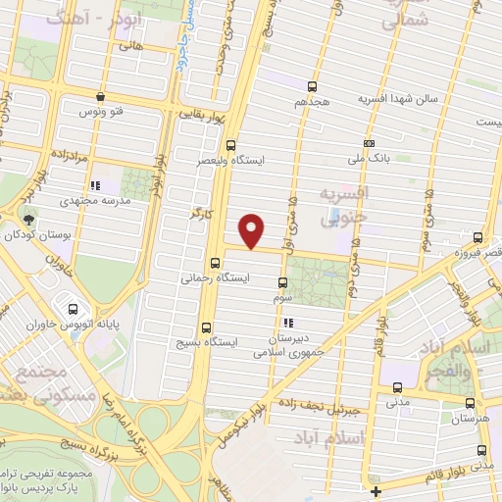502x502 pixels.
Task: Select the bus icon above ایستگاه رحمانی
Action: tap(215, 262)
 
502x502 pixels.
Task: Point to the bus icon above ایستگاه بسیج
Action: tap(206, 327)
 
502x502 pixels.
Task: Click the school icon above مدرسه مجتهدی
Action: tap(94, 184)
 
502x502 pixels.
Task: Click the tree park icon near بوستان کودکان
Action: tap(26, 218)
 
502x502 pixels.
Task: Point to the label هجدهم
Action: tap(314, 102)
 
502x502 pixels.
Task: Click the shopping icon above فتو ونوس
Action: tap(101, 96)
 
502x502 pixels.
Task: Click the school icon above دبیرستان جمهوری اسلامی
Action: tap(287, 322)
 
